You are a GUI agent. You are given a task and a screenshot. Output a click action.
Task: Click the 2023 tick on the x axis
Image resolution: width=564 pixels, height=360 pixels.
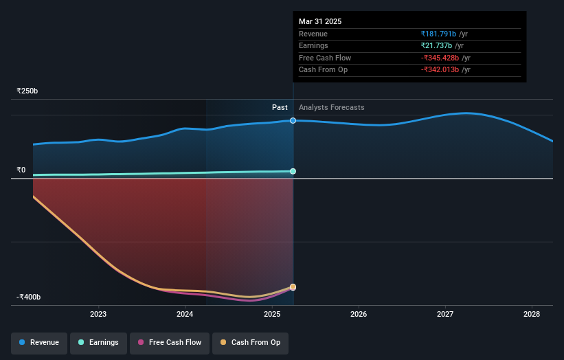(98, 314)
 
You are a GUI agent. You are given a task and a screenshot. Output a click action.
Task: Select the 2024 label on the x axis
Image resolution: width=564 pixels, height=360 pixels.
(185, 314)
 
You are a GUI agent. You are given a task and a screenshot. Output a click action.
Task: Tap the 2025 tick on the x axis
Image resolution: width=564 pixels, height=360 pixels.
(272, 314)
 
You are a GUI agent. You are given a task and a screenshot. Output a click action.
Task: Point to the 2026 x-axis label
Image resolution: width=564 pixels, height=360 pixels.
(359, 314)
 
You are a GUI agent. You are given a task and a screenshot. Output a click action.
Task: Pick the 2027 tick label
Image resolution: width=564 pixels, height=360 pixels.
(445, 314)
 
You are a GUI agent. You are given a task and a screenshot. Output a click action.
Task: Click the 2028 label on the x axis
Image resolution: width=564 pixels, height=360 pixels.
(531, 314)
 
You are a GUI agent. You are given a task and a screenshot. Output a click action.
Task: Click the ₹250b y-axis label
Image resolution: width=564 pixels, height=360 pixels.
(27, 91)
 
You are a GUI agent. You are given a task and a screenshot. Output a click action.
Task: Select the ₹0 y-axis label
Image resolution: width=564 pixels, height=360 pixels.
(21, 170)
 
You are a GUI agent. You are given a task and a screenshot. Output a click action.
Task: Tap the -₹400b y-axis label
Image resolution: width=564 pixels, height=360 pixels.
(29, 297)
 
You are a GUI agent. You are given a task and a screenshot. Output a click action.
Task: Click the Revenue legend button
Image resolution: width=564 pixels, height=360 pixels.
(38, 342)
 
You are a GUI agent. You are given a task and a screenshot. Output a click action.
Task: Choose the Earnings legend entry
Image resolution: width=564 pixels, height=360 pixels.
(98, 342)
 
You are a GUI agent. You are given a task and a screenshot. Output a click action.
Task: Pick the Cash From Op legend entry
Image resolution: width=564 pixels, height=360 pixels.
(250, 342)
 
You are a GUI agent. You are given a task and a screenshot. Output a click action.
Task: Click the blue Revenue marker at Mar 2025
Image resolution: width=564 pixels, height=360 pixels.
(293, 120)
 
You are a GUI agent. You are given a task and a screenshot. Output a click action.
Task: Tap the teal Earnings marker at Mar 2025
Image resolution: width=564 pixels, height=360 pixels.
(293, 171)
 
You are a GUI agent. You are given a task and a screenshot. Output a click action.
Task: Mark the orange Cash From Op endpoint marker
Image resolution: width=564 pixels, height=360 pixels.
(293, 286)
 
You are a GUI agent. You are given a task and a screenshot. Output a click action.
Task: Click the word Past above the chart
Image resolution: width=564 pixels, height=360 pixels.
(280, 107)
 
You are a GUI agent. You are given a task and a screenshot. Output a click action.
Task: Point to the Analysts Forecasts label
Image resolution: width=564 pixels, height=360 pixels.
(331, 107)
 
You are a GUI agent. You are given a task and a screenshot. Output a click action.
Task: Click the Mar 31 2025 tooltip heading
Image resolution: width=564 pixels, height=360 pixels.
(319, 21)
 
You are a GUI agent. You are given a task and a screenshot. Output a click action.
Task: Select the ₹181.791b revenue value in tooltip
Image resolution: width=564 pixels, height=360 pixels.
(440, 34)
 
